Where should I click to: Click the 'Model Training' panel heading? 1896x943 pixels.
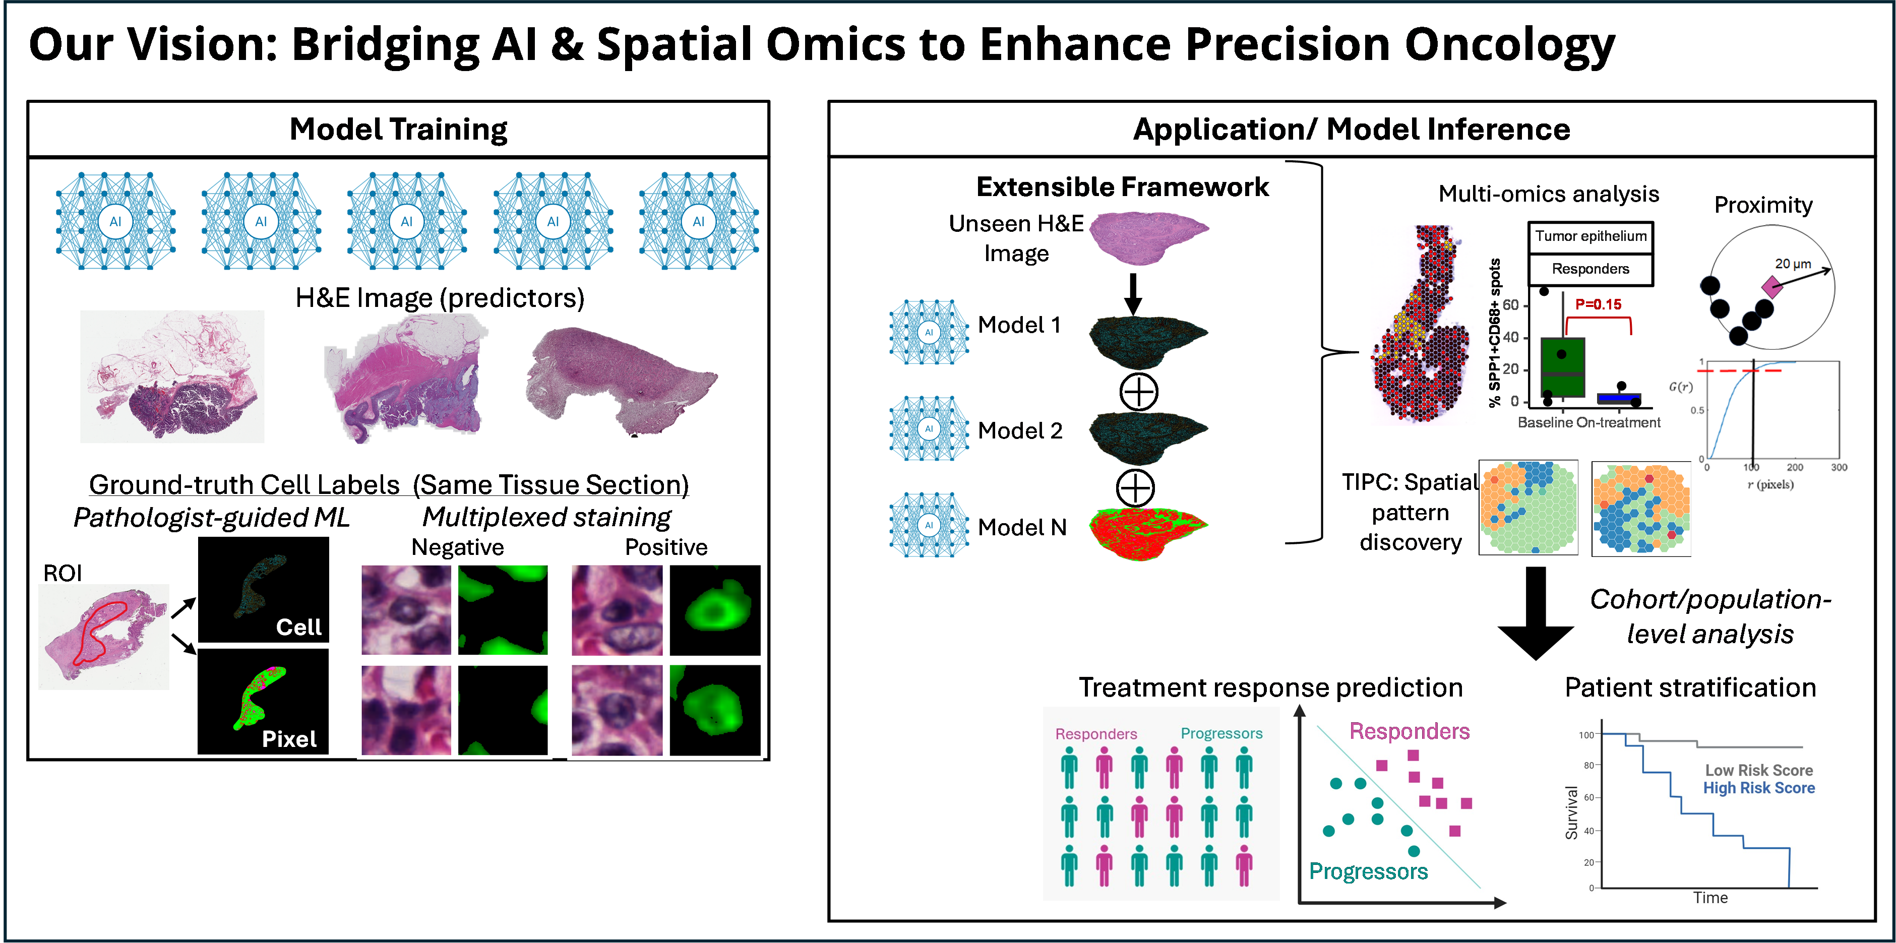click(x=398, y=130)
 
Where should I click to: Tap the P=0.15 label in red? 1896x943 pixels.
click(x=1598, y=304)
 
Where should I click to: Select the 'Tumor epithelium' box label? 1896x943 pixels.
click(x=1591, y=236)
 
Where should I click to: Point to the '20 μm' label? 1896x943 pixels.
click(x=1792, y=264)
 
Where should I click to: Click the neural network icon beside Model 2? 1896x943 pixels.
click(x=929, y=429)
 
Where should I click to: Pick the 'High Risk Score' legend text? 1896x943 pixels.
click(x=1758, y=788)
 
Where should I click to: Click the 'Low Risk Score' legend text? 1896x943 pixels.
click(x=1758, y=770)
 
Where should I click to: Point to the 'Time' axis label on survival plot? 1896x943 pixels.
click(x=1710, y=897)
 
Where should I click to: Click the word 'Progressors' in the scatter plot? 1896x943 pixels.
click(x=1368, y=871)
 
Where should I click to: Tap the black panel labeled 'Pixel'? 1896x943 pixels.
click(x=263, y=702)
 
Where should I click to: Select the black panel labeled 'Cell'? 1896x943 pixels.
click(x=263, y=590)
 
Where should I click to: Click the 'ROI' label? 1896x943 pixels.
click(x=63, y=573)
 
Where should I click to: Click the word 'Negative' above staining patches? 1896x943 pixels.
click(x=457, y=547)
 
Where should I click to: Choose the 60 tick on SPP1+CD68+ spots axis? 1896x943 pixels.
click(x=1510, y=305)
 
